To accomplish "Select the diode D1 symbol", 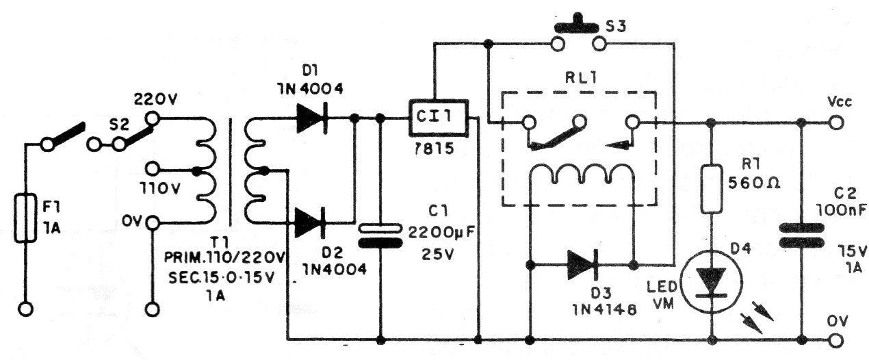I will [x=311, y=118].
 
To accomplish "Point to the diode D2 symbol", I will [x=311, y=223].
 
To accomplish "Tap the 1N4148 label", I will [x=599, y=308].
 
